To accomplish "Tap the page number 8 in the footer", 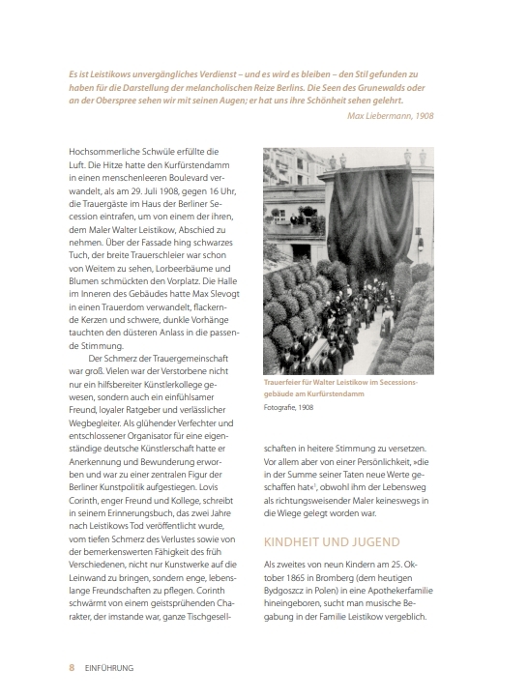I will coord(71,667).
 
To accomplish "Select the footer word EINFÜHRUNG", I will coord(108,667).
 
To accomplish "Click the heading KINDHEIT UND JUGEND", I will coord(332,541).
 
